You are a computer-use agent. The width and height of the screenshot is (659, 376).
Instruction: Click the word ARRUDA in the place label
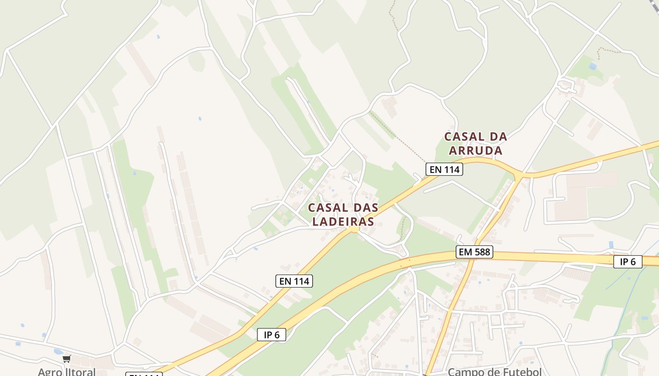[x=475, y=150]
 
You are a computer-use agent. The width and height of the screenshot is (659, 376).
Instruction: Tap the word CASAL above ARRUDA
[x=465, y=137]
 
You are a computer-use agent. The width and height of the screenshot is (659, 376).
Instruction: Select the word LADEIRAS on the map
[x=343, y=221]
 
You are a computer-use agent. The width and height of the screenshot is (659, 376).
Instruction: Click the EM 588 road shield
[x=474, y=252]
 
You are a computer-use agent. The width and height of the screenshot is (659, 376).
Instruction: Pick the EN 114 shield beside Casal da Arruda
[x=444, y=169]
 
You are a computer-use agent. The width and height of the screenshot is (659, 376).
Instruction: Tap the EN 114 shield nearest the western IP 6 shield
[x=294, y=281]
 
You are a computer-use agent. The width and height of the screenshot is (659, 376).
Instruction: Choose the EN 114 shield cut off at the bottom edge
[x=144, y=374]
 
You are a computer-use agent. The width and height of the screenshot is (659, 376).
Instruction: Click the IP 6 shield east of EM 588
[x=627, y=262]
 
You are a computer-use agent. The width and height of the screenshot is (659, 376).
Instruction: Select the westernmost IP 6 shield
[x=272, y=335]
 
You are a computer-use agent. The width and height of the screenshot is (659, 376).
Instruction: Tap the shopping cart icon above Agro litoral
[x=66, y=359]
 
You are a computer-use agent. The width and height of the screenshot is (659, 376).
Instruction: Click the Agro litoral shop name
[x=66, y=371]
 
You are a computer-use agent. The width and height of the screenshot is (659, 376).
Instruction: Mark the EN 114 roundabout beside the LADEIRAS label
[x=354, y=229]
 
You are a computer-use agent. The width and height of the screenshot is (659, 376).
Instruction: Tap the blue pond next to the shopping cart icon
[x=58, y=352]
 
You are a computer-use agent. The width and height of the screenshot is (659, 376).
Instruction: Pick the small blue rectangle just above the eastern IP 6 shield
[x=611, y=244]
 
